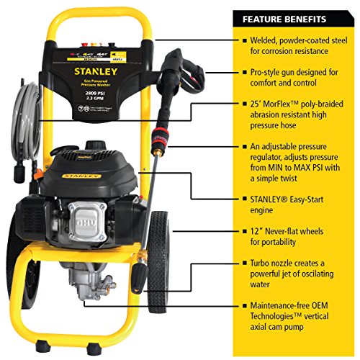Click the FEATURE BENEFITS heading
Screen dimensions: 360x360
(x=284, y=19)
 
